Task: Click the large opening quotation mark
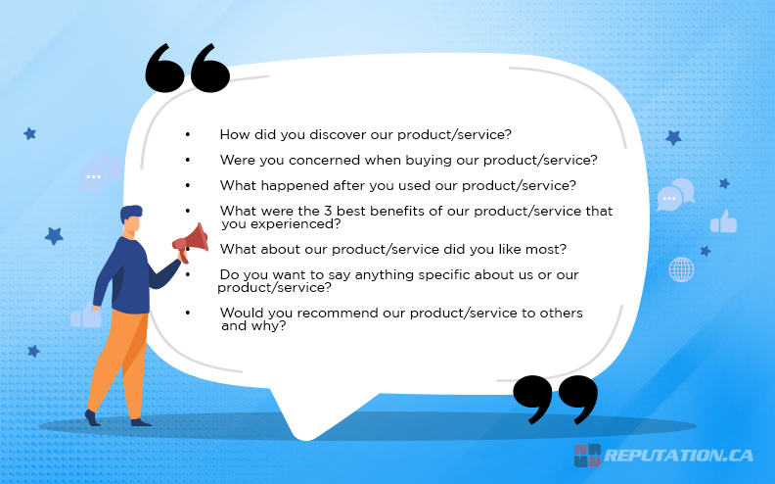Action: point(187,70)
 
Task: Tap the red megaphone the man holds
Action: point(192,238)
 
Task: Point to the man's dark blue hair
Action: point(130,212)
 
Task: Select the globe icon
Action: point(681,269)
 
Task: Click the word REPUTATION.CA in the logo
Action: point(679,456)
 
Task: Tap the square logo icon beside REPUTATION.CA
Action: point(587,456)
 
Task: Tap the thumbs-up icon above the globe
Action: point(723,221)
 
